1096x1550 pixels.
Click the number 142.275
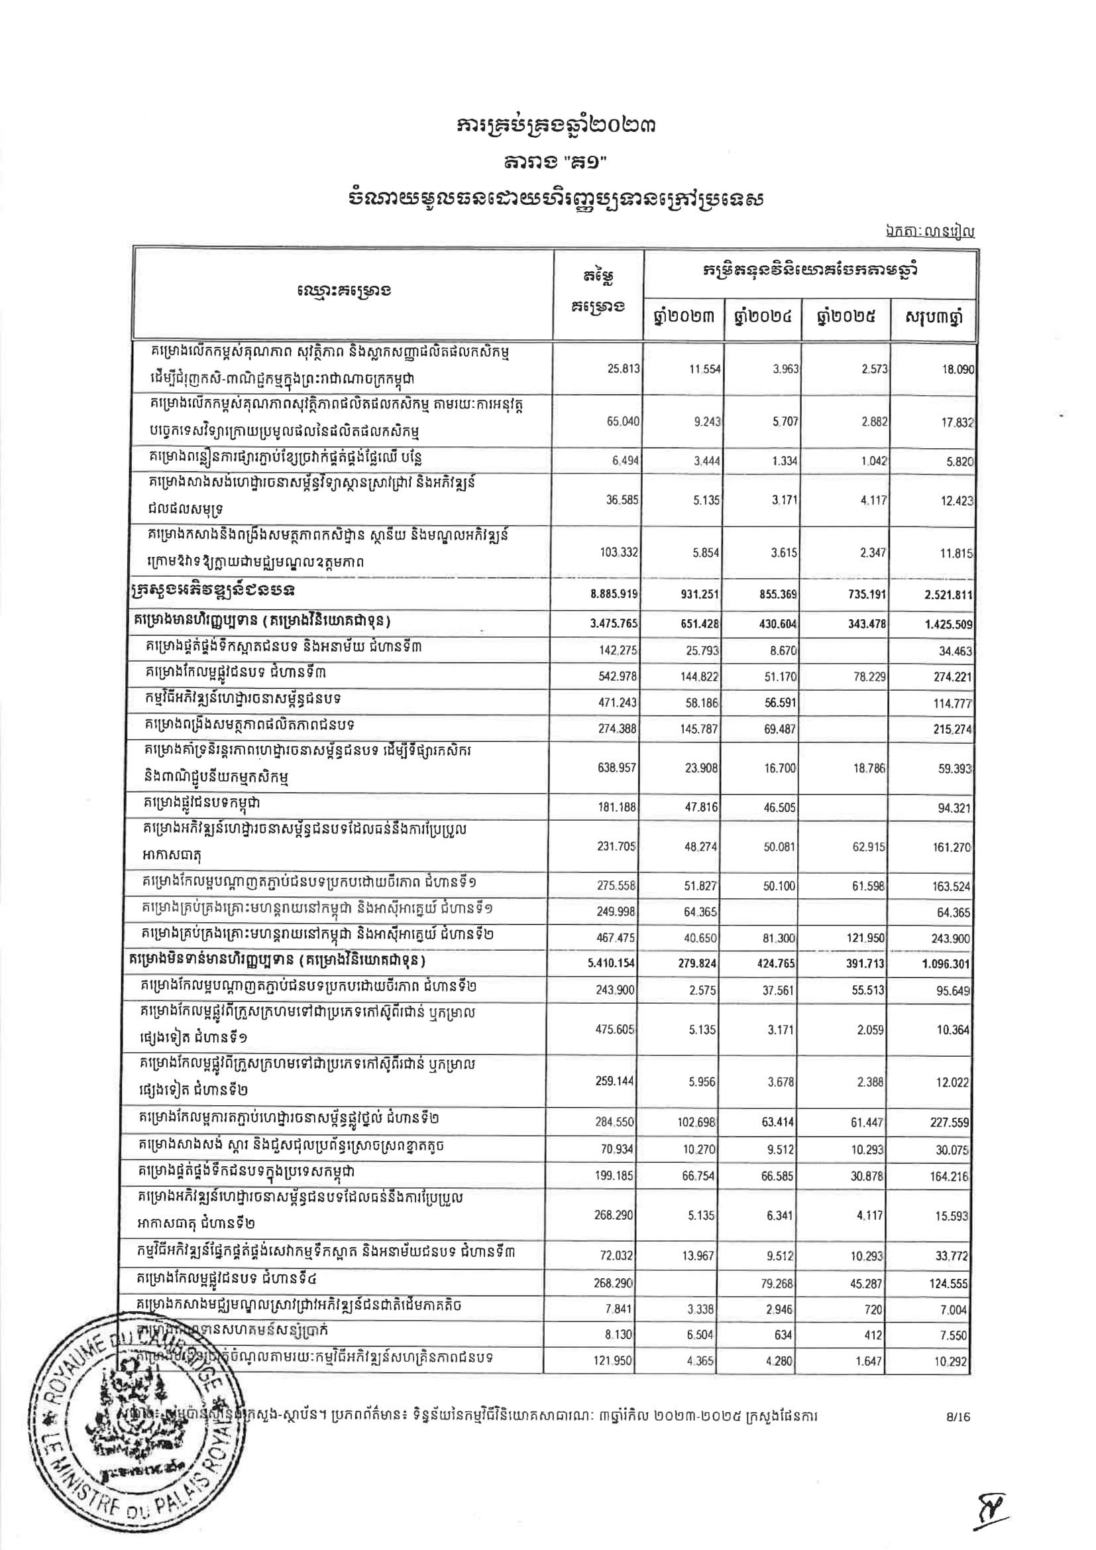pyautogui.click(x=617, y=651)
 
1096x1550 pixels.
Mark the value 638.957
pyautogui.click(x=617, y=768)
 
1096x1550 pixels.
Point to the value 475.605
pyautogui.click(x=617, y=1030)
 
